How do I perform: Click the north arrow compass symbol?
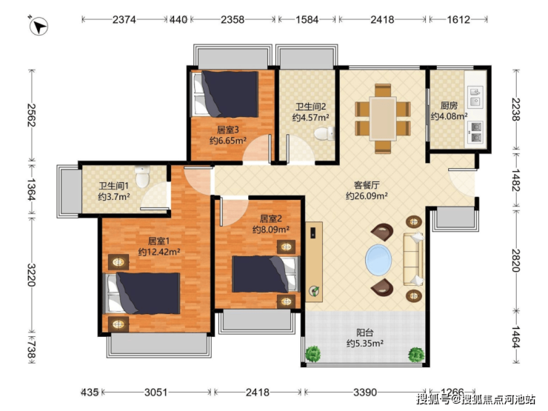(x=39, y=26)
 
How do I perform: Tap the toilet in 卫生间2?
(x=324, y=134)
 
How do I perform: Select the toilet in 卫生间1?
(x=142, y=176)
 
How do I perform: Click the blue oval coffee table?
(x=378, y=260)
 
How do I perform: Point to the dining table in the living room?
(x=383, y=118)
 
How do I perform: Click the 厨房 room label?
(x=449, y=105)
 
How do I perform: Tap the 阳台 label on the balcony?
(x=365, y=333)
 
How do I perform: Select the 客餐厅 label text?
(x=367, y=185)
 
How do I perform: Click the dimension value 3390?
(x=365, y=392)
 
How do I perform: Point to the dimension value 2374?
(x=124, y=19)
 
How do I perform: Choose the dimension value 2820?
(x=516, y=261)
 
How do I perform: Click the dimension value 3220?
(x=31, y=275)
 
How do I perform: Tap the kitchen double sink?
(x=475, y=96)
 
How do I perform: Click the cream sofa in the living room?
(x=413, y=259)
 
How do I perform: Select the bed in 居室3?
(x=224, y=93)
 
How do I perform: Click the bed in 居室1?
(x=143, y=293)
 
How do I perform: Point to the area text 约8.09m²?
(x=271, y=230)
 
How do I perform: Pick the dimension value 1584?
(x=307, y=19)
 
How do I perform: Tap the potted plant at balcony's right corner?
(x=416, y=355)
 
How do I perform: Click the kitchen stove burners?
(x=475, y=132)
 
